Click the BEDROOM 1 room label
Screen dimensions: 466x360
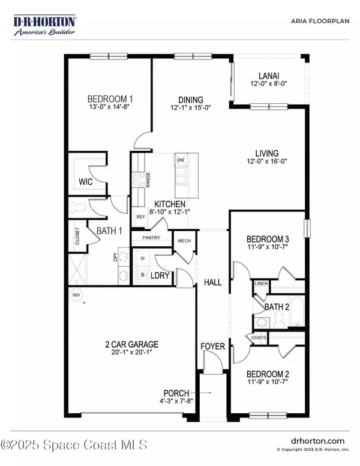point(110,99)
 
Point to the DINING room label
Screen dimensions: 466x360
point(191,100)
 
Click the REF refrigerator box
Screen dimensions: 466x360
point(140,217)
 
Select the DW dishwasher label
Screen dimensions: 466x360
point(179,160)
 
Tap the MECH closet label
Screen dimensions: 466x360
point(182,241)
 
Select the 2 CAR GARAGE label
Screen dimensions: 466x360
point(131,344)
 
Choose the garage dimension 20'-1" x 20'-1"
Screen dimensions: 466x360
point(131,354)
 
